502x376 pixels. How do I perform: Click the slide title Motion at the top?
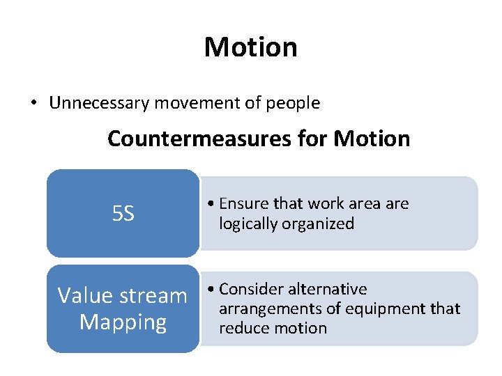pos(251,47)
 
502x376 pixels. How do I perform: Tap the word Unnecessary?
pos(100,104)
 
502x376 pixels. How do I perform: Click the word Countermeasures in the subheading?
pos(195,139)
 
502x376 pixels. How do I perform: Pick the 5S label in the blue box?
pos(123,214)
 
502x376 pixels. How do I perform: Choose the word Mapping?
pos(123,322)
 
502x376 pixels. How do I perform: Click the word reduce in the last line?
pos(241,328)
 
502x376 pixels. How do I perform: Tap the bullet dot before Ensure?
pos(211,204)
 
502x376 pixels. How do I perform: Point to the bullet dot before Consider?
pos(211,289)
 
